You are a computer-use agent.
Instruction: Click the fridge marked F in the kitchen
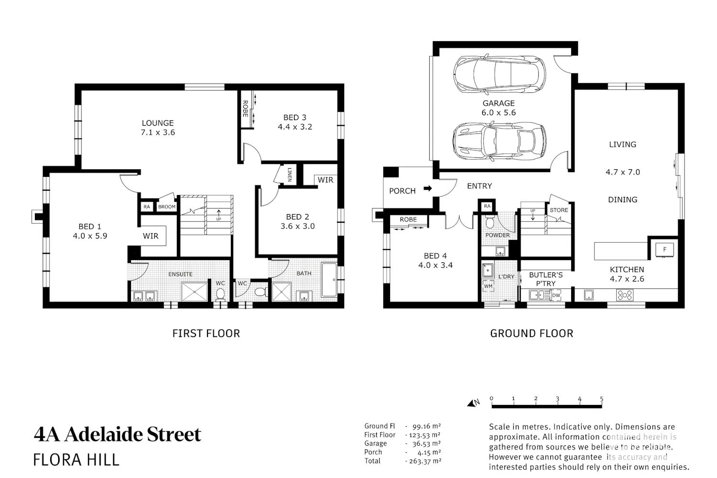(664, 250)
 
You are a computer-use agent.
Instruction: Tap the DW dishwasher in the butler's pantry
(556, 295)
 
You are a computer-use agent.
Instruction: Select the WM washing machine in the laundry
(488, 286)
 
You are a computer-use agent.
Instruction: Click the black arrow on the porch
(427, 188)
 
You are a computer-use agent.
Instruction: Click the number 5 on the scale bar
(601, 399)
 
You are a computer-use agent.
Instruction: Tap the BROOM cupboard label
(167, 207)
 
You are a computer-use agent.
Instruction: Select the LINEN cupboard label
(289, 174)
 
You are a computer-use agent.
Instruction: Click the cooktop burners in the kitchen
(624, 295)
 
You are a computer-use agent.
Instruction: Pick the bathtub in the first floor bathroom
(329, 280)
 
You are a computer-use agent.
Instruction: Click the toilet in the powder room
(490, 222)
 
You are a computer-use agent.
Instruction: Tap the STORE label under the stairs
(559, 210)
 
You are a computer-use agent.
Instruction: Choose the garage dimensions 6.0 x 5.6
(499, 112)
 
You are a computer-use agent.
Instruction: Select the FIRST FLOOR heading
(206, 333)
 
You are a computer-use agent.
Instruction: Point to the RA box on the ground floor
(487, 206)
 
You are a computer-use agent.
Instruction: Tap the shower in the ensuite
(194, 292)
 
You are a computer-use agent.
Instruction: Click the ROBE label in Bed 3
(245, 109)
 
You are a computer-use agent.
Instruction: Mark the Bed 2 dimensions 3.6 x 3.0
(298, 226)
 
